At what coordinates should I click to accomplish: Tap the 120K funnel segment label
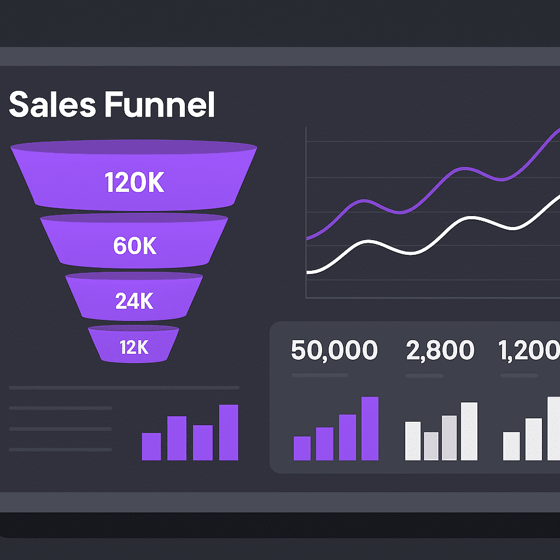coord(134,184)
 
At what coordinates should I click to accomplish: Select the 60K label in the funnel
coord(135,247)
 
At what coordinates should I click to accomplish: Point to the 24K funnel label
coord(135,300)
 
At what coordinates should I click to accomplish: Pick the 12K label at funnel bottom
coord(135,347)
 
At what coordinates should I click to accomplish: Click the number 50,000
coord(334,351)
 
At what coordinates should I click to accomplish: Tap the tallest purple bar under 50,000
coord(370,428)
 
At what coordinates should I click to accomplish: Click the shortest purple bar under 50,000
coord(302,448)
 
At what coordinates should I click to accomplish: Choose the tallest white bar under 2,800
coord(469,431)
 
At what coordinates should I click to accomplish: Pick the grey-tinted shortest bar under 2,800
coord(431,446)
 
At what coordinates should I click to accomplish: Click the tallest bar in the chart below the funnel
coord(229,432)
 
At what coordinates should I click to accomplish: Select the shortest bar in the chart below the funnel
coord(151,446)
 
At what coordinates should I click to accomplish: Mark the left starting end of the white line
coord(308,272)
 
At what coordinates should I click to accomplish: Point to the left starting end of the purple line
coord(308,238)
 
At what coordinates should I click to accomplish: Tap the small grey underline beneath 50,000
coord(319,376)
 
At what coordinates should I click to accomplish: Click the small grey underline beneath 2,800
coord(424,376)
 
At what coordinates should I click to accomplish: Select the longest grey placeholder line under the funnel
coord(124,388)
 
